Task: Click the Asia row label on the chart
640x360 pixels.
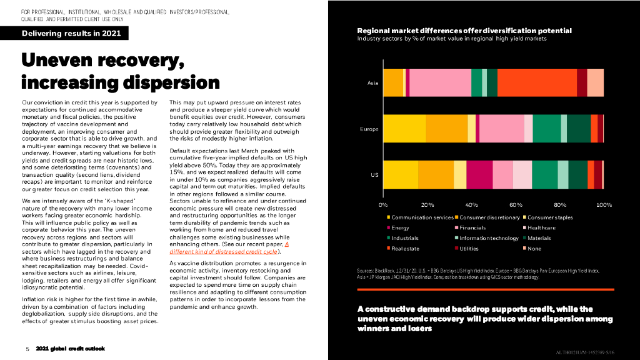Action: click(372, 83)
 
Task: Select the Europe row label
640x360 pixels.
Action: click(369, 129)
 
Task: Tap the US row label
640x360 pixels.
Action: click(374, 175)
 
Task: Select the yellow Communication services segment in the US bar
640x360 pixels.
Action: click(400, 175)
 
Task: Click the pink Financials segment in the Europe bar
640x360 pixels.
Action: click(501, 129)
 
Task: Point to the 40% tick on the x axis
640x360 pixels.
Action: click(471, 205)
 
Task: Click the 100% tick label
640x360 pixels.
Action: click(604, 205)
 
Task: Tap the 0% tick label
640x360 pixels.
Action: click(383, 205)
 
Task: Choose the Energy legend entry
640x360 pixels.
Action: click(400, 228)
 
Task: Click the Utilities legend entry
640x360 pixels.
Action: click(469, 249)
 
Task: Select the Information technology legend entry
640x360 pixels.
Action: click(489, 238)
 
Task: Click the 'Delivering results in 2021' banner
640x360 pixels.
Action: click(67, 34)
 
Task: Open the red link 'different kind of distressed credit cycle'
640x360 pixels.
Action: click(224, 252)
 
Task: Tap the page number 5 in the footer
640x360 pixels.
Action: click(27, 348)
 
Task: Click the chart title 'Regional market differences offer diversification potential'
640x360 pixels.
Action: click(464, 31)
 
